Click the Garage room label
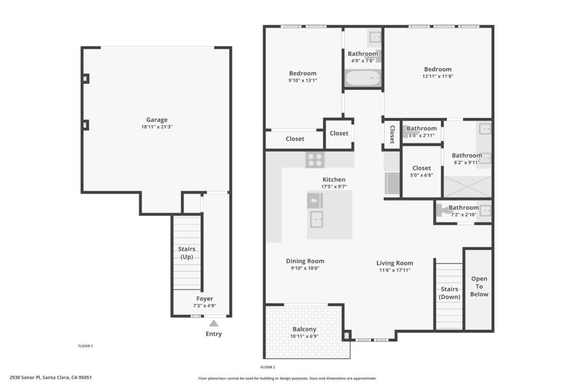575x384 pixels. [157, 120]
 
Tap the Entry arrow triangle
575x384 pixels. [213, 323]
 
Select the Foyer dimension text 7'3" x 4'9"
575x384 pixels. [204, 306]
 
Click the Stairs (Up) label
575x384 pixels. [186, 252]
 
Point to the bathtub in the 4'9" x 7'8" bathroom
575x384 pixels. [363, 78]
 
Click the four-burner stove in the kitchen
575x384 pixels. [315, 160]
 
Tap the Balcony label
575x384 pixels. [304, 329]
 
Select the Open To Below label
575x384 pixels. [479, 286]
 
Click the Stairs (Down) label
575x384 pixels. [449, 293]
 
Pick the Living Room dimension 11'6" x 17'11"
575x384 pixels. [395, 270]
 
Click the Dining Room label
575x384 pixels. [305, 261]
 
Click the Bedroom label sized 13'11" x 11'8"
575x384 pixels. [437, 70]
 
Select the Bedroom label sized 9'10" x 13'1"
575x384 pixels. [303, 73]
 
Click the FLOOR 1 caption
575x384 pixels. [85, 346]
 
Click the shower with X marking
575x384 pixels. [467, 187]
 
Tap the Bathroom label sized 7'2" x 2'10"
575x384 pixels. [463, 207]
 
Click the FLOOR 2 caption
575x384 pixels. [268, 367]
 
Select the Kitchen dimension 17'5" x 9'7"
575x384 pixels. [334, 187]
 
